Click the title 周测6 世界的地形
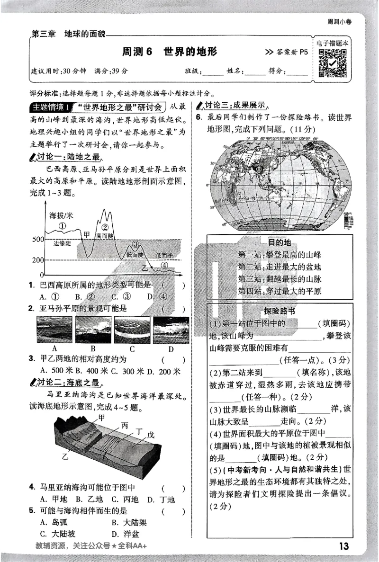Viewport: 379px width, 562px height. click(x=169, y=51)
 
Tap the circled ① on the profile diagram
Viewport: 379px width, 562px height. click(x=62, y=226)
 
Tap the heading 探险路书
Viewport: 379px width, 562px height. click(x=279, y=311)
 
